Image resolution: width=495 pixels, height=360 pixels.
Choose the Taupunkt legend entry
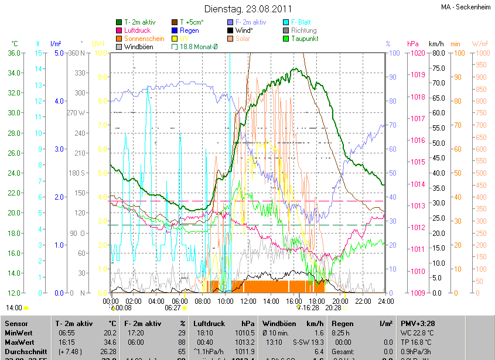pos(304,38)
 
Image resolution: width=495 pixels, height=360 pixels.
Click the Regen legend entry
pos(189,30)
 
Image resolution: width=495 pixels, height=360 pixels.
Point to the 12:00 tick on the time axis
pos(248,301)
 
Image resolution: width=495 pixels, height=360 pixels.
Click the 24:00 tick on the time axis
pos(385,301)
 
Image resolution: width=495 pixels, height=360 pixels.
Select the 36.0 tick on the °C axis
pos(13,53)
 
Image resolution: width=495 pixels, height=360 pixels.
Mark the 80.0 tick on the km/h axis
pos(436,53)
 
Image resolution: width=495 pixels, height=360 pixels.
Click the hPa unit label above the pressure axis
pos(412,44)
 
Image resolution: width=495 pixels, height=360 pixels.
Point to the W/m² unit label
pos(480,44)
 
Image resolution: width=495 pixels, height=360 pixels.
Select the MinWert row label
pos(19,332)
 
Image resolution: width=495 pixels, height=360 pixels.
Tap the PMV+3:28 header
pos(418,323)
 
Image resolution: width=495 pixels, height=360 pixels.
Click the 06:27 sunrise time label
pos(173,307)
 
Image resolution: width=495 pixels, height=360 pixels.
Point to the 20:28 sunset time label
pos(333,307)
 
